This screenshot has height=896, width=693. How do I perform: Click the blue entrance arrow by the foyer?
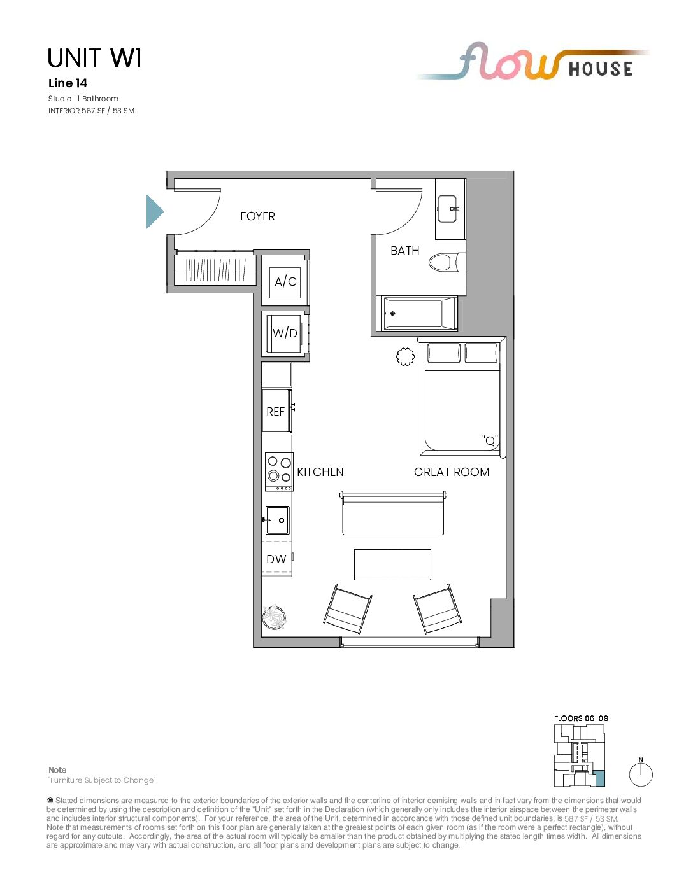[154, 211]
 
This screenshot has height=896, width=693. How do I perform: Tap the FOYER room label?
[257, 216]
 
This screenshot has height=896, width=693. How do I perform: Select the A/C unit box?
[285, 282]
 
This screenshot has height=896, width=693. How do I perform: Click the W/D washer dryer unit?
[285, 333]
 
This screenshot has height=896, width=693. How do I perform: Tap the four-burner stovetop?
[279, 472]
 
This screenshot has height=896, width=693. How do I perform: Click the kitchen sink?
[276, 520]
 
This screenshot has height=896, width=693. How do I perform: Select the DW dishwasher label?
[276, 559]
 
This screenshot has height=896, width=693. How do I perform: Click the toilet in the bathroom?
[447, 262]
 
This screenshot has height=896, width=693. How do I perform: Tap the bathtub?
[420, 313]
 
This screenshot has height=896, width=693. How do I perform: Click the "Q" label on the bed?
[490, 440]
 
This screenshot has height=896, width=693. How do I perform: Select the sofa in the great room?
[394, 513]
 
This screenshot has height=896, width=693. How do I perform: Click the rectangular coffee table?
[392, 564]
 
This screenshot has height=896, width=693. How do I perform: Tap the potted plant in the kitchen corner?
[274, 617]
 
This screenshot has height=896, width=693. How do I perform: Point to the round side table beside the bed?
[405, 356]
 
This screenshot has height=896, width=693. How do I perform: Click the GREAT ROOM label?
[452, 472]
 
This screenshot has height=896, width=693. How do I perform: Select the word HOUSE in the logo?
[601, 69]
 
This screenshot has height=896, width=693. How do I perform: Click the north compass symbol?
[641, 774]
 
